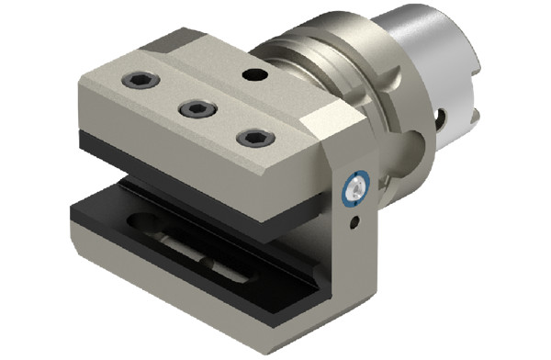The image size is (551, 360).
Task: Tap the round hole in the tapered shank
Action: point(443,118)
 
